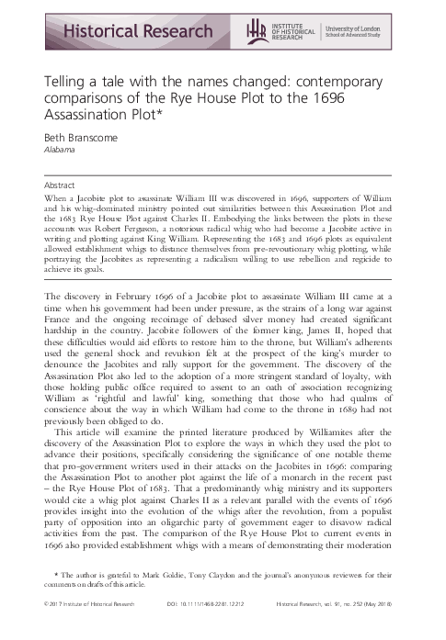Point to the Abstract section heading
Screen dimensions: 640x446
pyautogui.click(x=61, y=185)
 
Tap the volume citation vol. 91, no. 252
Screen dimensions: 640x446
pyautogui.click(x=364, y=628)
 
